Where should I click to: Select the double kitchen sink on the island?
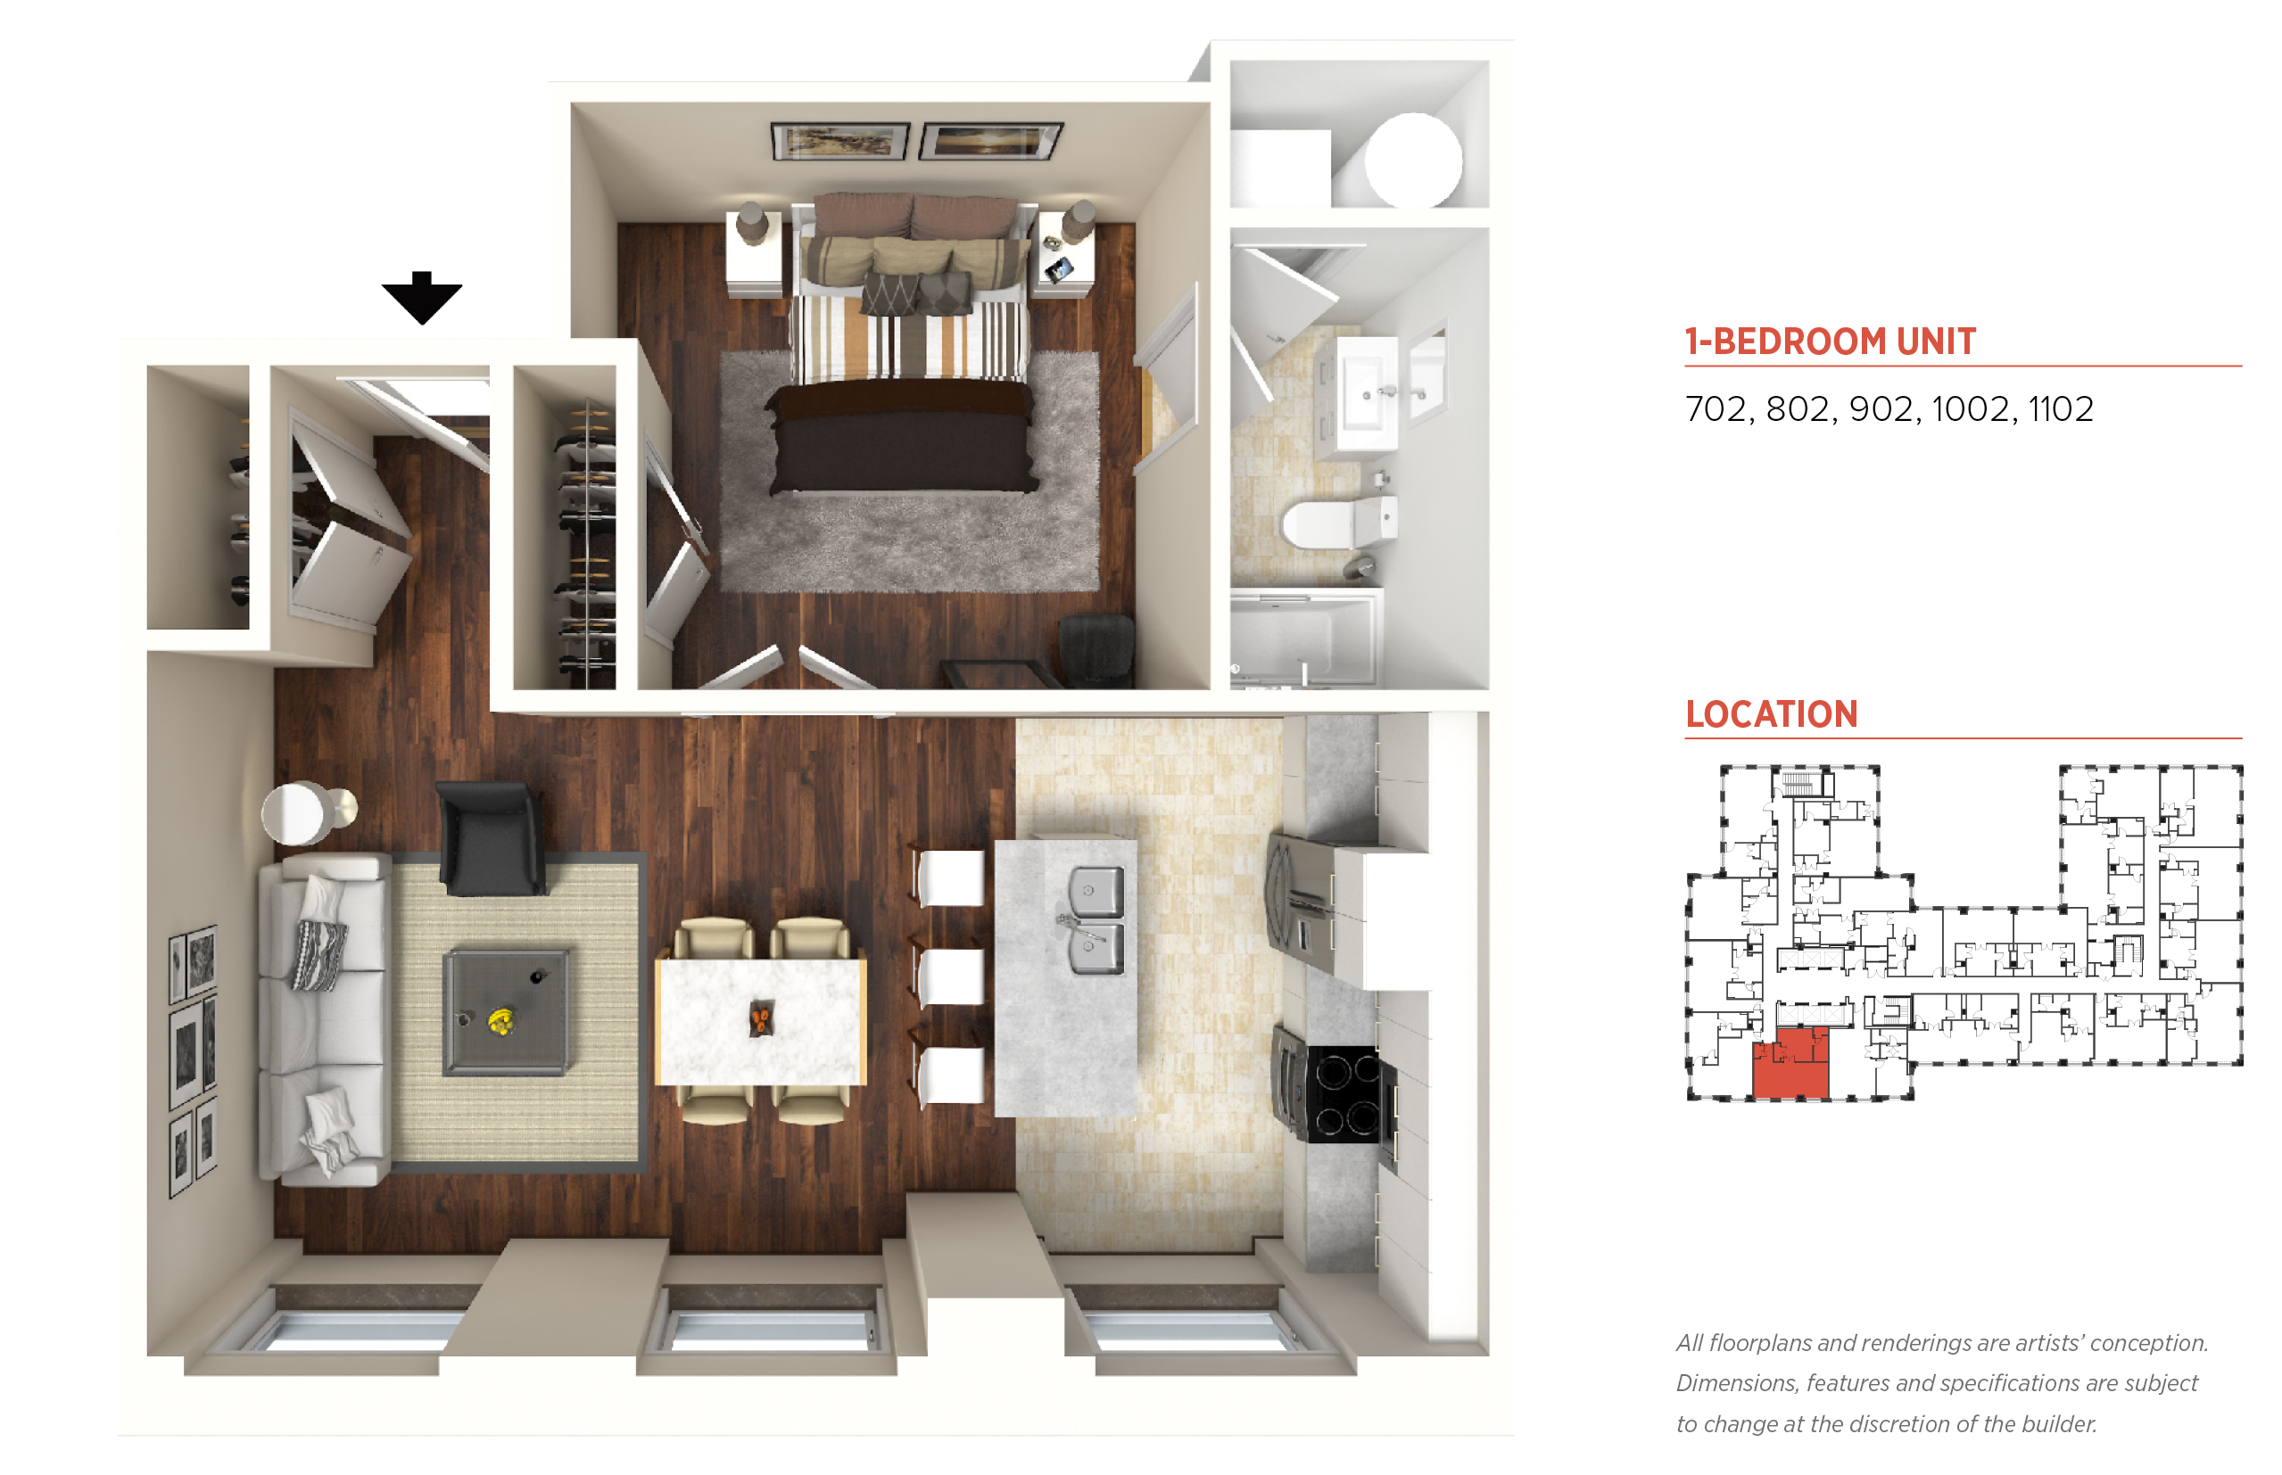[1094, 919]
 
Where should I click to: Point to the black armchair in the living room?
[491, 838]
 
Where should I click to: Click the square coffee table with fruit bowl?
[506, 1011]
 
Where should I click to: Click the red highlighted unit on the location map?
[1790, 1063]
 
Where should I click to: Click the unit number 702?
[1716, 409]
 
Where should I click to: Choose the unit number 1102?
[2061, 409]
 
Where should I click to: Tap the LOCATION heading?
[1772, 714]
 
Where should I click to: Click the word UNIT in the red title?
[1935, 341]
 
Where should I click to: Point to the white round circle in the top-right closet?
[1413, 160]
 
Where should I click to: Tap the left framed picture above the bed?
[840, 142]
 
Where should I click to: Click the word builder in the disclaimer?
[2058, 1424]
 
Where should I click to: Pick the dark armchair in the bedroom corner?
[1097, 648]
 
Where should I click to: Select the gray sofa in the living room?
[325, 1021]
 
